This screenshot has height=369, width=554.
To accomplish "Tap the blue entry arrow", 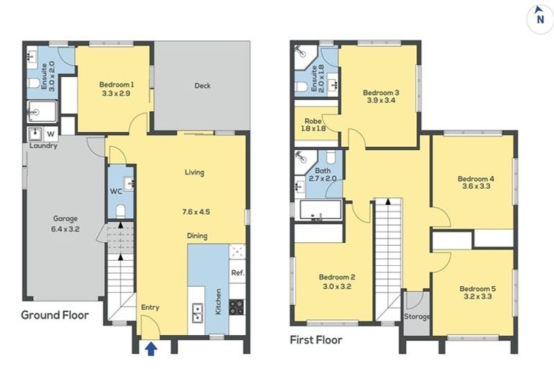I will click(151, 350).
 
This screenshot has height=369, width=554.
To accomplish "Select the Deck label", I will click(203, 86).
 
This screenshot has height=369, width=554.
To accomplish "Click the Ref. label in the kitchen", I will click(237, 273).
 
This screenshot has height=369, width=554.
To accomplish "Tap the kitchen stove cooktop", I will click(237, 306).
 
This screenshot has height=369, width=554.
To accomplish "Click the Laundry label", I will click(43, 146).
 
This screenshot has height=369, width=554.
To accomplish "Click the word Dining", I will click(197, 236).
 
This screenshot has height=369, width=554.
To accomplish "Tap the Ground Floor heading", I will click(54, 315).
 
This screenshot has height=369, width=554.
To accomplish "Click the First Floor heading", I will click(315, 339).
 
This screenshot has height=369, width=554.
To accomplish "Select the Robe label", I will click(312, 120).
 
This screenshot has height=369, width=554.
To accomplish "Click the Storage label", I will click(416, 316).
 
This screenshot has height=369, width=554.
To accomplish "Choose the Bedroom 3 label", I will click(381, 92).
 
